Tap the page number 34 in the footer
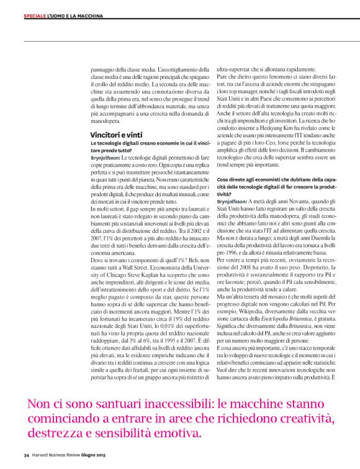click(x=27, y=455)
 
